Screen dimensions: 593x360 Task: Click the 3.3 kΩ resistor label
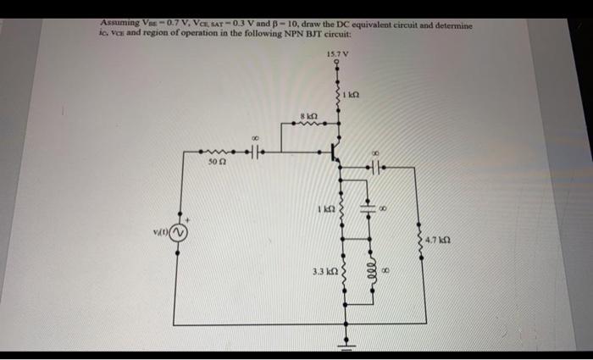coord(324,274)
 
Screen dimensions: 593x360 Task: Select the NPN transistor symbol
coord(335,153)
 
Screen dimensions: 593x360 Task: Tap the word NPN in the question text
coord(308,33)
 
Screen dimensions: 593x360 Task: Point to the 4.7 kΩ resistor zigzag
coord(416,241)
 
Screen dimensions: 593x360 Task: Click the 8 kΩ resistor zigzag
coord(308,124)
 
